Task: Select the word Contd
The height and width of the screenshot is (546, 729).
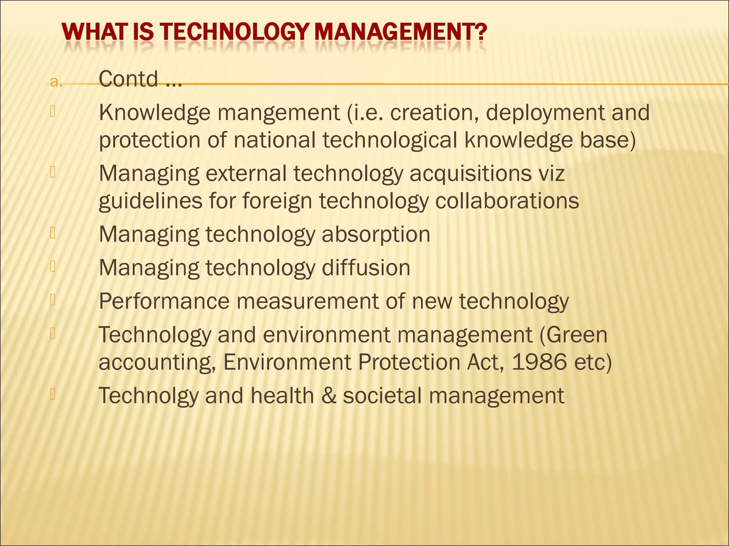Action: click(x=128, y=79)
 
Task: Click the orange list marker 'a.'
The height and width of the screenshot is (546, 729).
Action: click(x=56, y=82)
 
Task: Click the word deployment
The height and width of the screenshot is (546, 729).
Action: click(x=545, y=113)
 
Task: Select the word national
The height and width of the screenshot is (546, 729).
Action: click(x=274, y=140)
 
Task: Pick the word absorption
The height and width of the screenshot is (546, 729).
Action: click(x=376, y=235)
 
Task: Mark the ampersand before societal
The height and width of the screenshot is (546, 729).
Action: click(x=329, y=395)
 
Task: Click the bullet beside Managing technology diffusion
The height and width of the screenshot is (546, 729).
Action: click(x=53, y=266)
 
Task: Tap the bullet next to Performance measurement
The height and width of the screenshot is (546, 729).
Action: click(x=53, y=300)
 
